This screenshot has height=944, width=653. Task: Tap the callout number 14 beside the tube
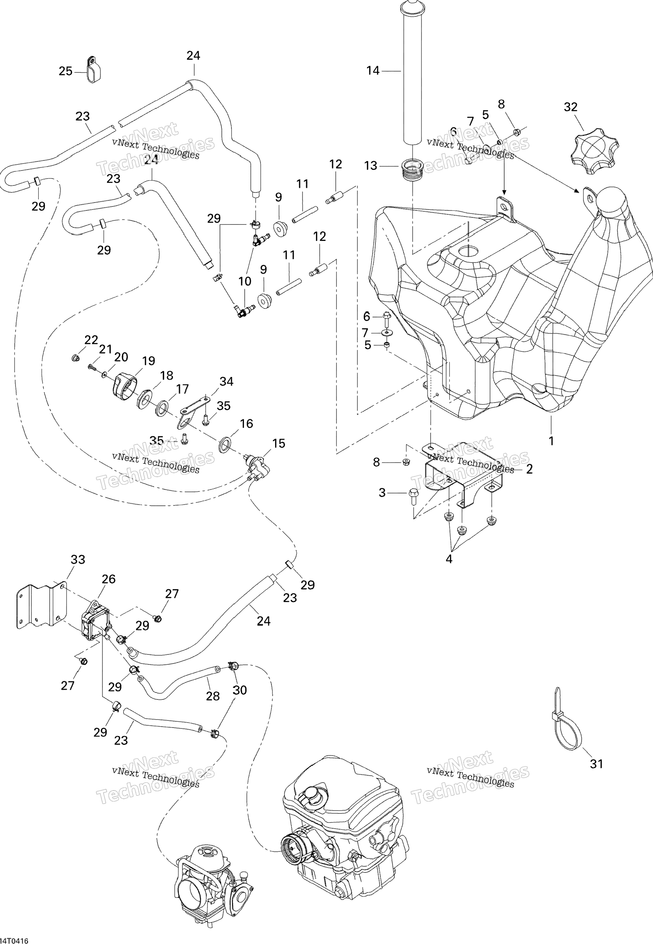pos(373,71)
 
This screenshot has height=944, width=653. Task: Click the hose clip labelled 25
pos(94,70)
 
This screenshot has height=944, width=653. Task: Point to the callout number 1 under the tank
pos(551,441)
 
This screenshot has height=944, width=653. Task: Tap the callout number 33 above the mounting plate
pos(78,559)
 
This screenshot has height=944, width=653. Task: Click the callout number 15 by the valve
pos(279,443)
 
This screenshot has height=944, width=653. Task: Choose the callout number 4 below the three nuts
pos(449,559)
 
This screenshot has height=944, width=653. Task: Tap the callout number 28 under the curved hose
pos(213,696)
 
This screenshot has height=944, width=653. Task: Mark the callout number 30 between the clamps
pos(240,690)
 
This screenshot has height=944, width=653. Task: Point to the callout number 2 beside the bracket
pos(529,469)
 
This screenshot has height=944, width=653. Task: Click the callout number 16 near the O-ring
pos(246,424)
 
